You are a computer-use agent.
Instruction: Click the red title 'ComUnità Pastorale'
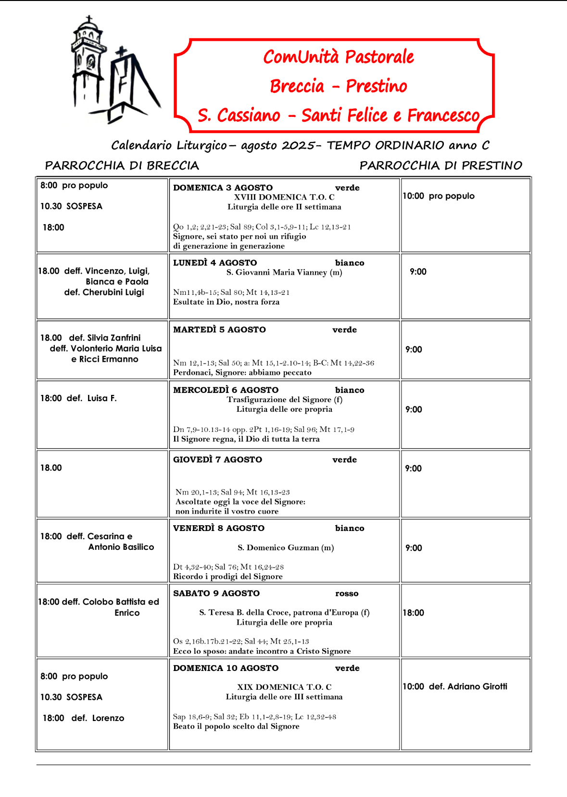pos(338,57)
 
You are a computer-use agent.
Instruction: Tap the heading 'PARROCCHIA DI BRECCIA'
pos(122,165)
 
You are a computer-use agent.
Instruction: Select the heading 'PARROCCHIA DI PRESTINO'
pos(441,165)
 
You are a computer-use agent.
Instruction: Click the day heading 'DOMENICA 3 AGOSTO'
pos(223,188)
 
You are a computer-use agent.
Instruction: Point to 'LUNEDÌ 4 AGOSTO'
pos(215,263)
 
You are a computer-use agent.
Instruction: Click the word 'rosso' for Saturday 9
pos(347,594)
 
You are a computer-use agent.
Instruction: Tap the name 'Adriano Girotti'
pos(477,686)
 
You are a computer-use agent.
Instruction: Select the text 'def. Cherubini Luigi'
pos(104,292)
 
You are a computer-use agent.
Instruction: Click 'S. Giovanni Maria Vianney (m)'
pos(284,272)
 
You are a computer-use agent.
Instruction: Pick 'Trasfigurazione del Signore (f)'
pos(284,399)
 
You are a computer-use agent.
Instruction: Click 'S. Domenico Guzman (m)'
pos(286,547)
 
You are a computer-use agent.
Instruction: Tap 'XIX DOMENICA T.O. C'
pos(284,687)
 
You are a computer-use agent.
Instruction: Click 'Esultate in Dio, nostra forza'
pos(226,302)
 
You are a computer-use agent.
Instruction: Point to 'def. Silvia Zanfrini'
pos(105,338)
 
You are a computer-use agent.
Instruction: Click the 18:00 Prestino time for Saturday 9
pos(414,613)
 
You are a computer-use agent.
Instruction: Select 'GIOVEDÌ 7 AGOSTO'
pos(217,459)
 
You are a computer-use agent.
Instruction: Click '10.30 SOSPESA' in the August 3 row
pos(71,206)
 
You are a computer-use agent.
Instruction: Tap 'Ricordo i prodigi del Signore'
pos(227,576)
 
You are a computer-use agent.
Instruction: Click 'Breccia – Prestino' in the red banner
pos(338,86)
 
